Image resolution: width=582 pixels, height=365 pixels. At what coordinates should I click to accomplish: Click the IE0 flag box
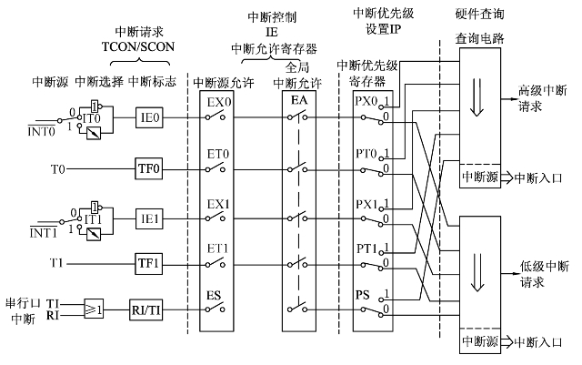[150, 117]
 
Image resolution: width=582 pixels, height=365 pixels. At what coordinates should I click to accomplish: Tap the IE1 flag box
[150, 219]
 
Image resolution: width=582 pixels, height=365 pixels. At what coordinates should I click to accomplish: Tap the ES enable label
[213, 296]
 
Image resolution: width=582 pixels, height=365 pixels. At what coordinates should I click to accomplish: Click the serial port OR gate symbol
[94, 307]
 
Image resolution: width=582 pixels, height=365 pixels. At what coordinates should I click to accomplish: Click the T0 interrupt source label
[57, 169]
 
